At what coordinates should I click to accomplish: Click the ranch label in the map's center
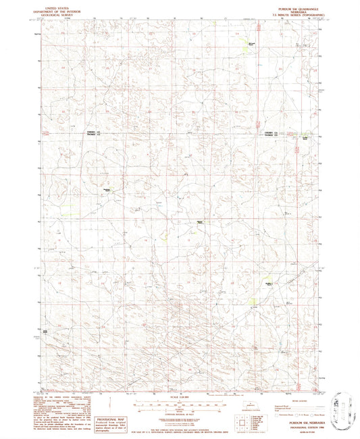[x=201, y=221]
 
